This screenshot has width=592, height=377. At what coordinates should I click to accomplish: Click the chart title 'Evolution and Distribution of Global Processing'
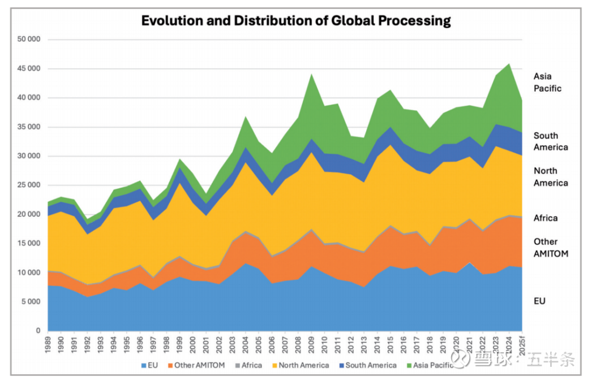[295, 21]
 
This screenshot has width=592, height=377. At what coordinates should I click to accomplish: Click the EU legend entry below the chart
[149, 365]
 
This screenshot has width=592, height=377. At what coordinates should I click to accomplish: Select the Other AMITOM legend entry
[195, 365]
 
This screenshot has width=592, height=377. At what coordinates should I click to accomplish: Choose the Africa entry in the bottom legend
[248, 365]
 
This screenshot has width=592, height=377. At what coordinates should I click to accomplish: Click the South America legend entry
[366, 365]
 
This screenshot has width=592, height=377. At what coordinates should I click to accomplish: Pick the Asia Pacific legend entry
[431, 365]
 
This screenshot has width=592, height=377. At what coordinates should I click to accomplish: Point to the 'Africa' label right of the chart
[545, 218]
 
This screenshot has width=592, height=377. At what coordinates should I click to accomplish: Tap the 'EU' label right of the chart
[539, 301]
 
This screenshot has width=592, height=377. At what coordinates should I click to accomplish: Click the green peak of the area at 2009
[312, 74]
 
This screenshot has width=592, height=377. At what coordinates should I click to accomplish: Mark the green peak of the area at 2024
[509, 64]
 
